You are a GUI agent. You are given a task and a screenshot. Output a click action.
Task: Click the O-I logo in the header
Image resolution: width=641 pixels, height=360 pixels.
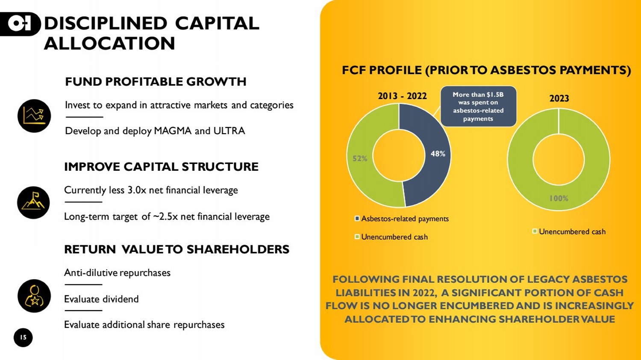point(20,24)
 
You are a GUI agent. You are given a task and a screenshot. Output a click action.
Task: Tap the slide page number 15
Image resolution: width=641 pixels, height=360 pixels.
point(23,337)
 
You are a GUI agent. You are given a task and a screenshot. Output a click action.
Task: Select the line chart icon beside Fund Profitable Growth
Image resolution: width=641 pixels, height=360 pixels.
point(34,116)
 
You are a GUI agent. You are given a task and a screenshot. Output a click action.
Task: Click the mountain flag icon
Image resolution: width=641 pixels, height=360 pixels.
point(33,203)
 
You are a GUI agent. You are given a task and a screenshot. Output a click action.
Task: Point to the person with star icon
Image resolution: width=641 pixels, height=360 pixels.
point(34,296)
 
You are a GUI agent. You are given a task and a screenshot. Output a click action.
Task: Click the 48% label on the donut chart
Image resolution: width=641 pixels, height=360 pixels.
point(438,154)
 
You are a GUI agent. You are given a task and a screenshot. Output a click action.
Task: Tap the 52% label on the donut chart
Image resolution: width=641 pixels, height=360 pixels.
point(360,158)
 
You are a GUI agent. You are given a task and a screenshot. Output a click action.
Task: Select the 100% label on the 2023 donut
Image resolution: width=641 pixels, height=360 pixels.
point(559,198)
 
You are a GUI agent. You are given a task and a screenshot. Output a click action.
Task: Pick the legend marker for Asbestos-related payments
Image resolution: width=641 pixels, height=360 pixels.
point(357,219)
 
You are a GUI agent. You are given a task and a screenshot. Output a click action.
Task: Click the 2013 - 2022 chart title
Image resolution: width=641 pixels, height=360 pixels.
point(402,96)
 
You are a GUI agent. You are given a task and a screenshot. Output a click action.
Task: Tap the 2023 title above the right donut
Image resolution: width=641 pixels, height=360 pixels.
point(559,98)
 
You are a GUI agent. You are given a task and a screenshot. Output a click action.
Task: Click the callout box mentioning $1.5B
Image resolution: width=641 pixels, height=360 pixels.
point(478,106)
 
